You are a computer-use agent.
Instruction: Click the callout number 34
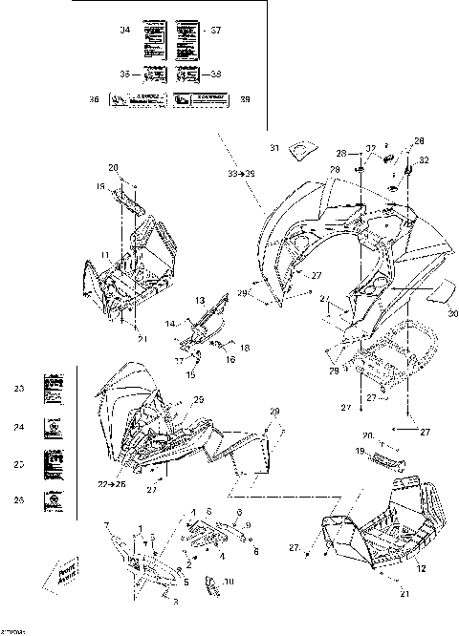coord(124,31)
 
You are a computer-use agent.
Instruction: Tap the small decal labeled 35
coord(153,74)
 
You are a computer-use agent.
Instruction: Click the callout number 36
coord(120,99)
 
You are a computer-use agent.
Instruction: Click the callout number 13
coord(201,301)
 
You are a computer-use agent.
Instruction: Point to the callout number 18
coord(245,350)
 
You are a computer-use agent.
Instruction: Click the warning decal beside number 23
coord(54,389)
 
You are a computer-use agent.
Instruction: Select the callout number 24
coord(18,428)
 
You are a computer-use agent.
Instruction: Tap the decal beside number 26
coord(54,499)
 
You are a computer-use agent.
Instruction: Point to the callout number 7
coord(108,525)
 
